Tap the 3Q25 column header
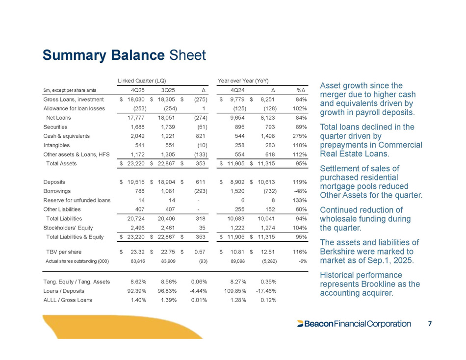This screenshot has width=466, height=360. (168, 90)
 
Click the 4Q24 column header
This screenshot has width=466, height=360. (237, 90)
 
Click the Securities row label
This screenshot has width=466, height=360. (55, 127)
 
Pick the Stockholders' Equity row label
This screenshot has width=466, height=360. (69, 228)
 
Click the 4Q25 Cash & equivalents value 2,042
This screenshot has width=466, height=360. (137, 136)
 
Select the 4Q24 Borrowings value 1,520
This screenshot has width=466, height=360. (238, 191)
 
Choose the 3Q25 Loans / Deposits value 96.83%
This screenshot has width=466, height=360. (168, 291)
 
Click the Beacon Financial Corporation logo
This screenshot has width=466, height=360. (354, 324)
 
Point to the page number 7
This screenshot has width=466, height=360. (430, 324)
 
